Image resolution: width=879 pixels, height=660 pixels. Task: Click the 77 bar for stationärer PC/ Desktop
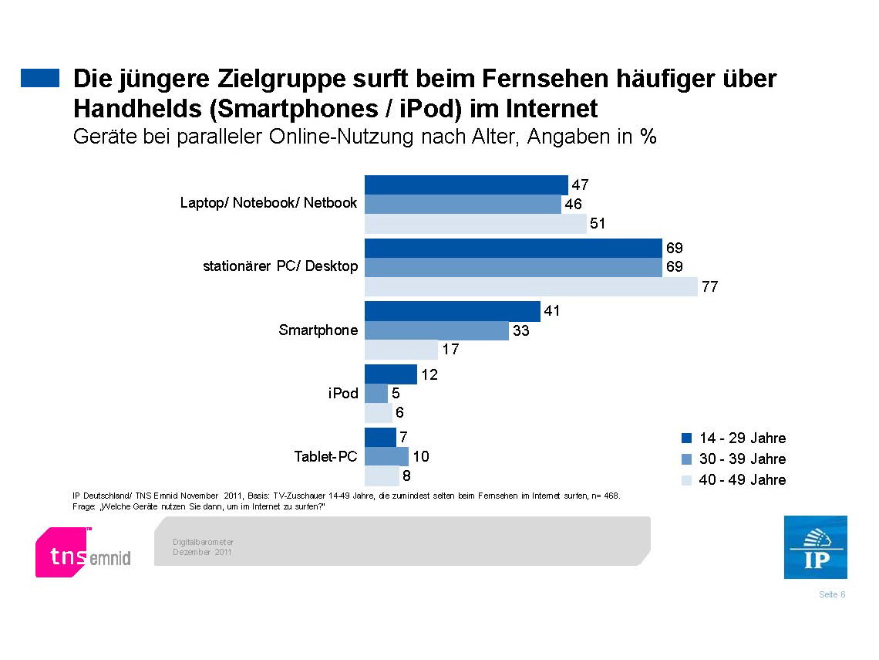click(x=530, y=287)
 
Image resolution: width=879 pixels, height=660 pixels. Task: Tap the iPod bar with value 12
click(x=390, y=374)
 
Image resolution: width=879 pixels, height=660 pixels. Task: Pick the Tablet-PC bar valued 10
click(x=386, y=456)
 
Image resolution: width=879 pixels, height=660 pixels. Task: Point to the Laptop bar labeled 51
click(x=475, y=224)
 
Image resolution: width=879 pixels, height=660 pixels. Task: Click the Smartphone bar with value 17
click(x=401, y=350)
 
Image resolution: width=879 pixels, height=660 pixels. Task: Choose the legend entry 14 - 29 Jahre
click(x=733, y=438)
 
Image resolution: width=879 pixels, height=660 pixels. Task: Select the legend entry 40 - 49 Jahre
click(x=733, y=480)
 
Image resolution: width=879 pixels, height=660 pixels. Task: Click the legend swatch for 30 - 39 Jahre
click(x=687, y=459)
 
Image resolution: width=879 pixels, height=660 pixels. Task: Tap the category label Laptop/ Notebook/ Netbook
click(x=268, y=203)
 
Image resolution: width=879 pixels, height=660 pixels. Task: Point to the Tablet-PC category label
click(x=325, y=456)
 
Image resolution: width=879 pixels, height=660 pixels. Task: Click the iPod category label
click(x=343, y=393)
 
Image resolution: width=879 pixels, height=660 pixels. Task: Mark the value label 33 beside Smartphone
click(x=520, y=331)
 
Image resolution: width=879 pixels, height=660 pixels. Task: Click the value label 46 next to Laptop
click(x=573, y=205)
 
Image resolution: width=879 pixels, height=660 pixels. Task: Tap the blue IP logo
click(x=815, y=547)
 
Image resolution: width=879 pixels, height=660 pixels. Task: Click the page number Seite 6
click(x=832, y=594)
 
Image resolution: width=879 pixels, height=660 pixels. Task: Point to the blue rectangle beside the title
click(x=40, y=78)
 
